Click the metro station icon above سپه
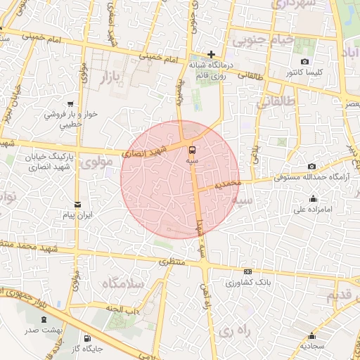pos(192,149)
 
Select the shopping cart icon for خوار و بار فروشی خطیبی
pos(70,103)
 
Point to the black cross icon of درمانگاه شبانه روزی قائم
pos(211,54)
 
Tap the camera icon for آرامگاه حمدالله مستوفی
pos(311,167)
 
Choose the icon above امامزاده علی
pos(299,198)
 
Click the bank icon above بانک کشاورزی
pos(247,271)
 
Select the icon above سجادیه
pos(311,335)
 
